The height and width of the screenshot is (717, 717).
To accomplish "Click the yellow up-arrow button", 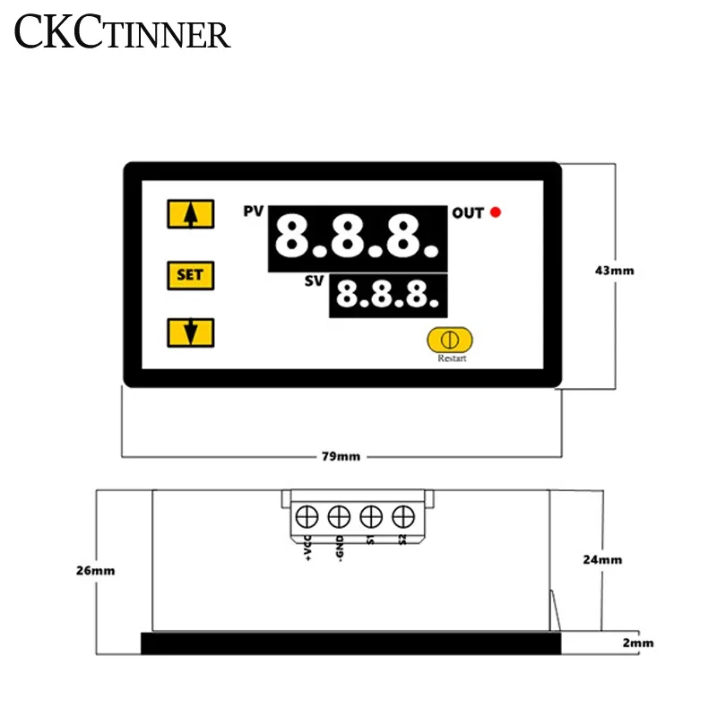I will click(190, 214).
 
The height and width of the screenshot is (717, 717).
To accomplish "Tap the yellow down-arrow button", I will click(190, 333).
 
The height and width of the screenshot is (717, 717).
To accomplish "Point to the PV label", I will click(254, 212).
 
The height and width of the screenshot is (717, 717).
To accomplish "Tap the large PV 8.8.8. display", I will click(358, 238).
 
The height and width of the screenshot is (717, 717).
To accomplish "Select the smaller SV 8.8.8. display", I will click(388, 295).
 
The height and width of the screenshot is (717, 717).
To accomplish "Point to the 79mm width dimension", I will click(341, 456).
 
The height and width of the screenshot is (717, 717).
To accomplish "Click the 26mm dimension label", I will click(96, 570).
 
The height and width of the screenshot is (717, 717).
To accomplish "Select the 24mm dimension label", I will click(602, 559).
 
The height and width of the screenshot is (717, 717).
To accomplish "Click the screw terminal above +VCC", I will click(307, 516).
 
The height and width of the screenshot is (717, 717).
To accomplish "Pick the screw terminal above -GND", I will click(339, 516).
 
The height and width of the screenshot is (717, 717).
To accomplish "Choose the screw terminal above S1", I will click(371, 516).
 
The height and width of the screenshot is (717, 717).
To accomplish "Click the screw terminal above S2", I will click(402, 516).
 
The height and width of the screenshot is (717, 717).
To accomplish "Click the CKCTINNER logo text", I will click(123, 34).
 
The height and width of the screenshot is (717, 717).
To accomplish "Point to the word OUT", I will click(467, 212).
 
